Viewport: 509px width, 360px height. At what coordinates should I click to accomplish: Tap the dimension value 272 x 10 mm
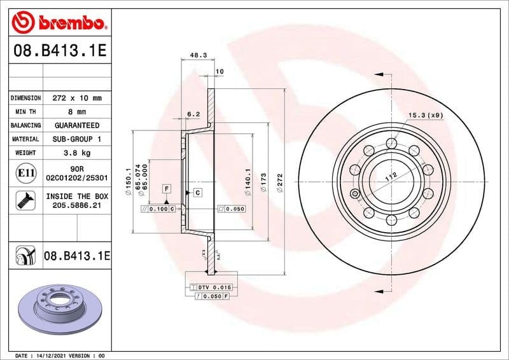76,99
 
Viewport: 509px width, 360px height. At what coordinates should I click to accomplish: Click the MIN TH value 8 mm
76,112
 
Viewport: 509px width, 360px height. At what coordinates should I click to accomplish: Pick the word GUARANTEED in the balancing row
76,125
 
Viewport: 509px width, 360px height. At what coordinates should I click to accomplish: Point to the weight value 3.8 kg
76,153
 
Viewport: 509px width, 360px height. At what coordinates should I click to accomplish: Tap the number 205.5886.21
76,206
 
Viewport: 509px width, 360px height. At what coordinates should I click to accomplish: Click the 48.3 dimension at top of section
198,56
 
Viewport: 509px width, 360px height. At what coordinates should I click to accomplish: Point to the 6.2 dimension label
193,114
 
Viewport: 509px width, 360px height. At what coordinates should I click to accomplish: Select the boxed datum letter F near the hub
167,189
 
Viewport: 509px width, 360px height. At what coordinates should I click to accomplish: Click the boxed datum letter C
197,192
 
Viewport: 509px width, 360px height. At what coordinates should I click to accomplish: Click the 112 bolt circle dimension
391,178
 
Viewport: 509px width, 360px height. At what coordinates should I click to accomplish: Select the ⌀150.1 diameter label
129,179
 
